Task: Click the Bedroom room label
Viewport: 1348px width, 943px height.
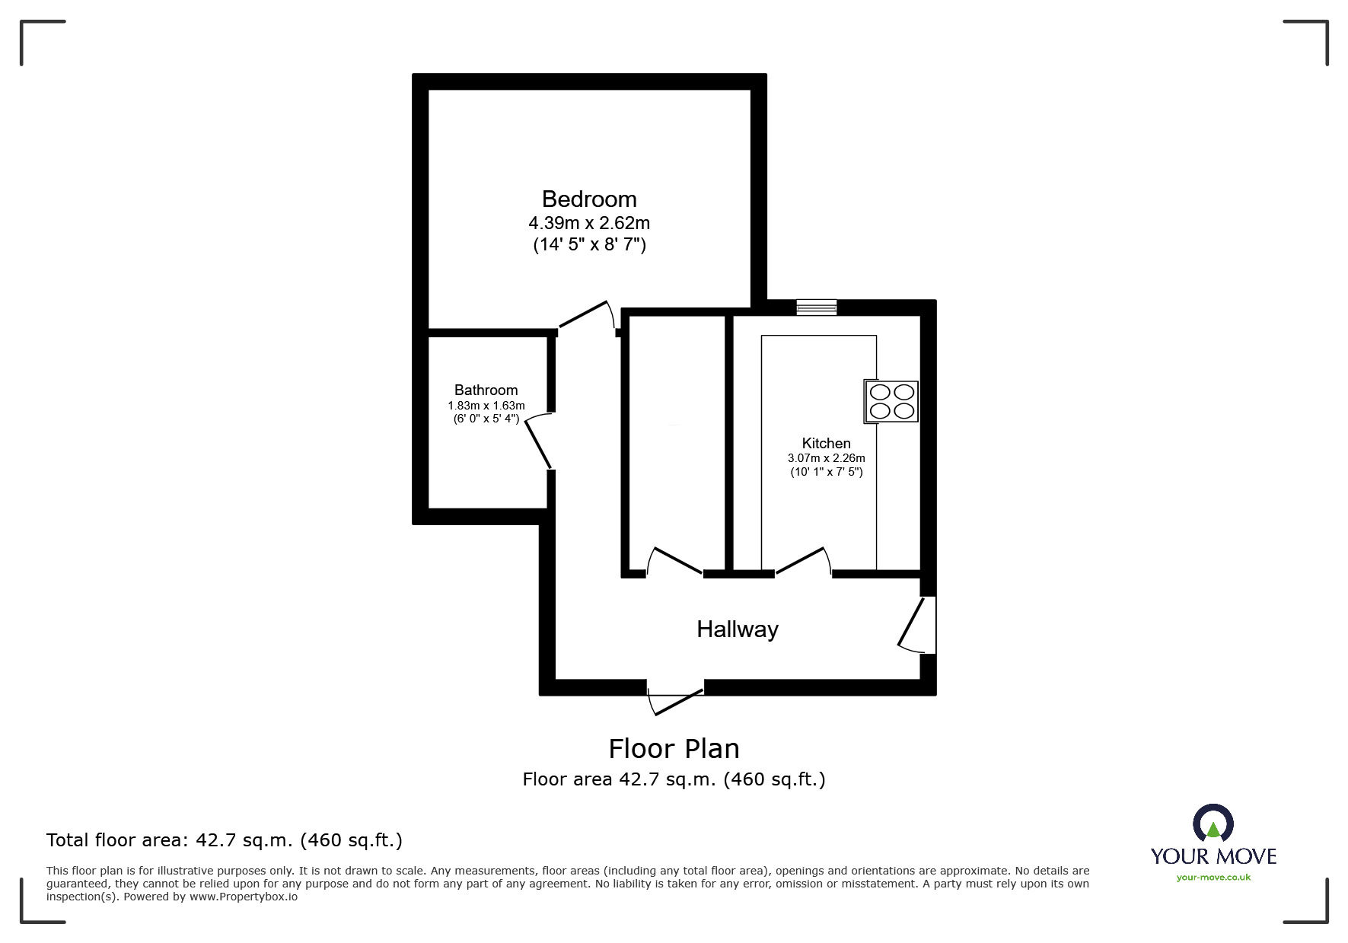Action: [x=589, y=199]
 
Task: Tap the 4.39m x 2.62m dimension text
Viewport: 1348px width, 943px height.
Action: [x=589, y=223]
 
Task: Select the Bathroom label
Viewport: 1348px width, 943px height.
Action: [x=486, y=390]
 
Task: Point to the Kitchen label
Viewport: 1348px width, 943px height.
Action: [x=826, y=443]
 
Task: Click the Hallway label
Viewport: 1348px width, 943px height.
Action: [x=737, y=629]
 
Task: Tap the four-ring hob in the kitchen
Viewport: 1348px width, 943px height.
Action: [x=891, y=401]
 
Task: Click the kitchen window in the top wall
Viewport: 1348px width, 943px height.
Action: [x=816, y=307]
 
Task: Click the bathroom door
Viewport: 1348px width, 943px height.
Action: [x=537, y=442]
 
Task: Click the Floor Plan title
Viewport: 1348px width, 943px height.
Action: [x=674, y=749]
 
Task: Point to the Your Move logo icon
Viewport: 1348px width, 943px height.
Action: [x=1213, y=824]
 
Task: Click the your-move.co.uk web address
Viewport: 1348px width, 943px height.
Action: [x=1213, y=878]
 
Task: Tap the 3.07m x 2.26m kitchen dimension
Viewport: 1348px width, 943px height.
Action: [x=826, y=458]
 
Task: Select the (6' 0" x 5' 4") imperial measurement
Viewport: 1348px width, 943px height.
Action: [x=486, y=419]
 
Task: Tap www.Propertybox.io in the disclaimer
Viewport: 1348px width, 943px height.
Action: [x=244, y=897]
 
